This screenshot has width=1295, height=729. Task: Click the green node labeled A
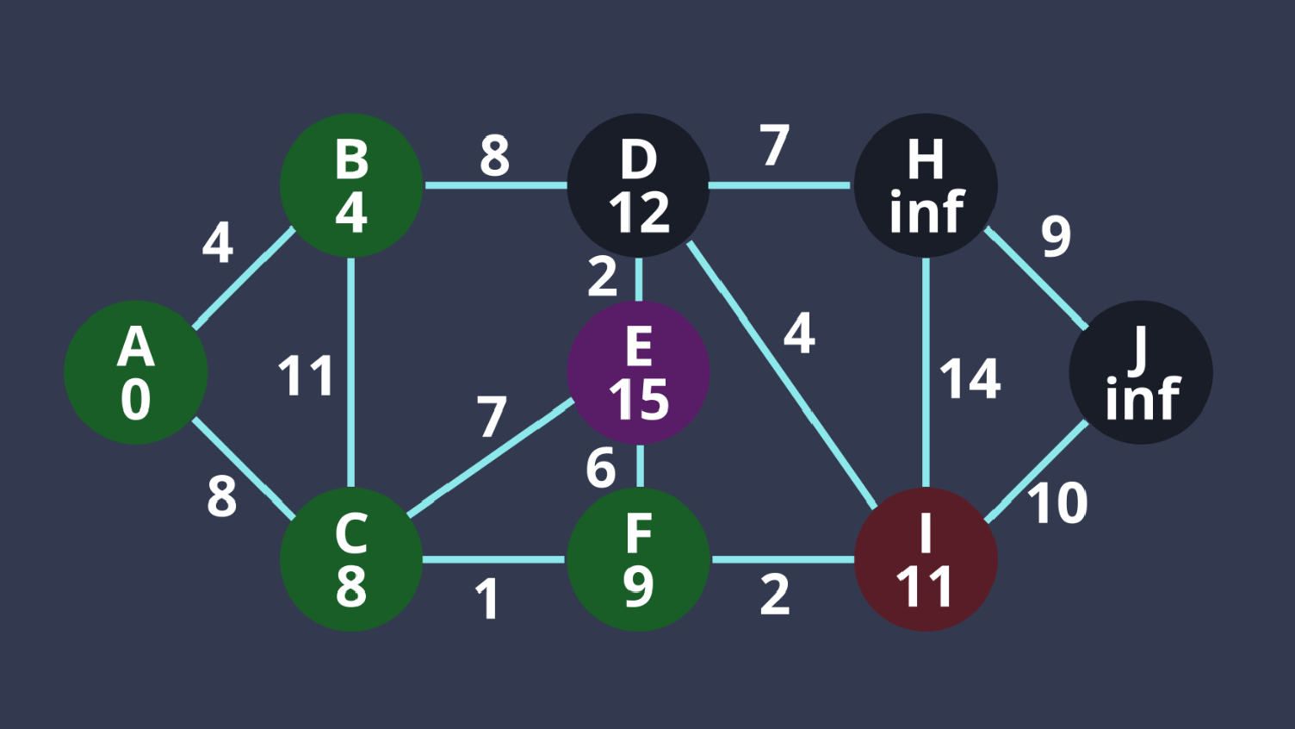[x=136, y=372]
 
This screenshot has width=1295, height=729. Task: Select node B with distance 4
[x=351, y=185]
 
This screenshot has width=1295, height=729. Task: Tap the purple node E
[x=638, y=372]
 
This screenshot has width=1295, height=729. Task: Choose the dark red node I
[x=926, y=559]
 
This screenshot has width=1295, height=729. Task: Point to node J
[x=1141, y=372]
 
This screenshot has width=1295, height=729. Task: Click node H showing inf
[x=926, y=185]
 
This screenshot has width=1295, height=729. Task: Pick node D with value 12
[x=638, y=185]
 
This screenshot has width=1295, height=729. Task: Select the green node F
[x=638, y=559]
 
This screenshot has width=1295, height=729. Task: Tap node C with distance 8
[x=351, y=559]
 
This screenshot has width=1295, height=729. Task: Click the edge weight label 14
[x=970, y=378]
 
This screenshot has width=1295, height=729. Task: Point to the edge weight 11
[x=306, y=376]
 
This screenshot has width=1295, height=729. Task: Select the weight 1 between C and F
[x=487, y=599]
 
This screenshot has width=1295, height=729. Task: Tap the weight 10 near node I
[x=1057, y=503]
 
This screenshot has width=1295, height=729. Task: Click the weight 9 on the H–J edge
[x=1056, y=235]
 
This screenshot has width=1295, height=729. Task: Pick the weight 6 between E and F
[x=601, y=468]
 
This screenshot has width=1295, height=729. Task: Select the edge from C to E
[x=491, y=458]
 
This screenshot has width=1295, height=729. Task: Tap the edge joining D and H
[x=779, y=185]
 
